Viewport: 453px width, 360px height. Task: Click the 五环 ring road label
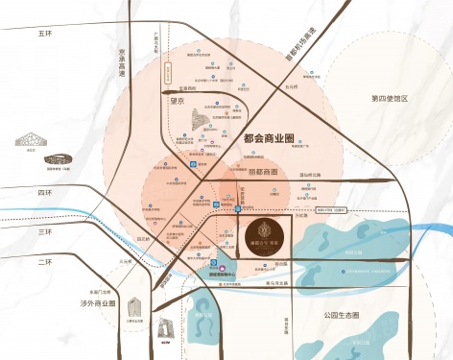43,34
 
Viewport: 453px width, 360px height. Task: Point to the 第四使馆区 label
391,99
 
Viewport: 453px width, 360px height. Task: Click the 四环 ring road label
44,192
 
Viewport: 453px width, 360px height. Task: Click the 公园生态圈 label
340,315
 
